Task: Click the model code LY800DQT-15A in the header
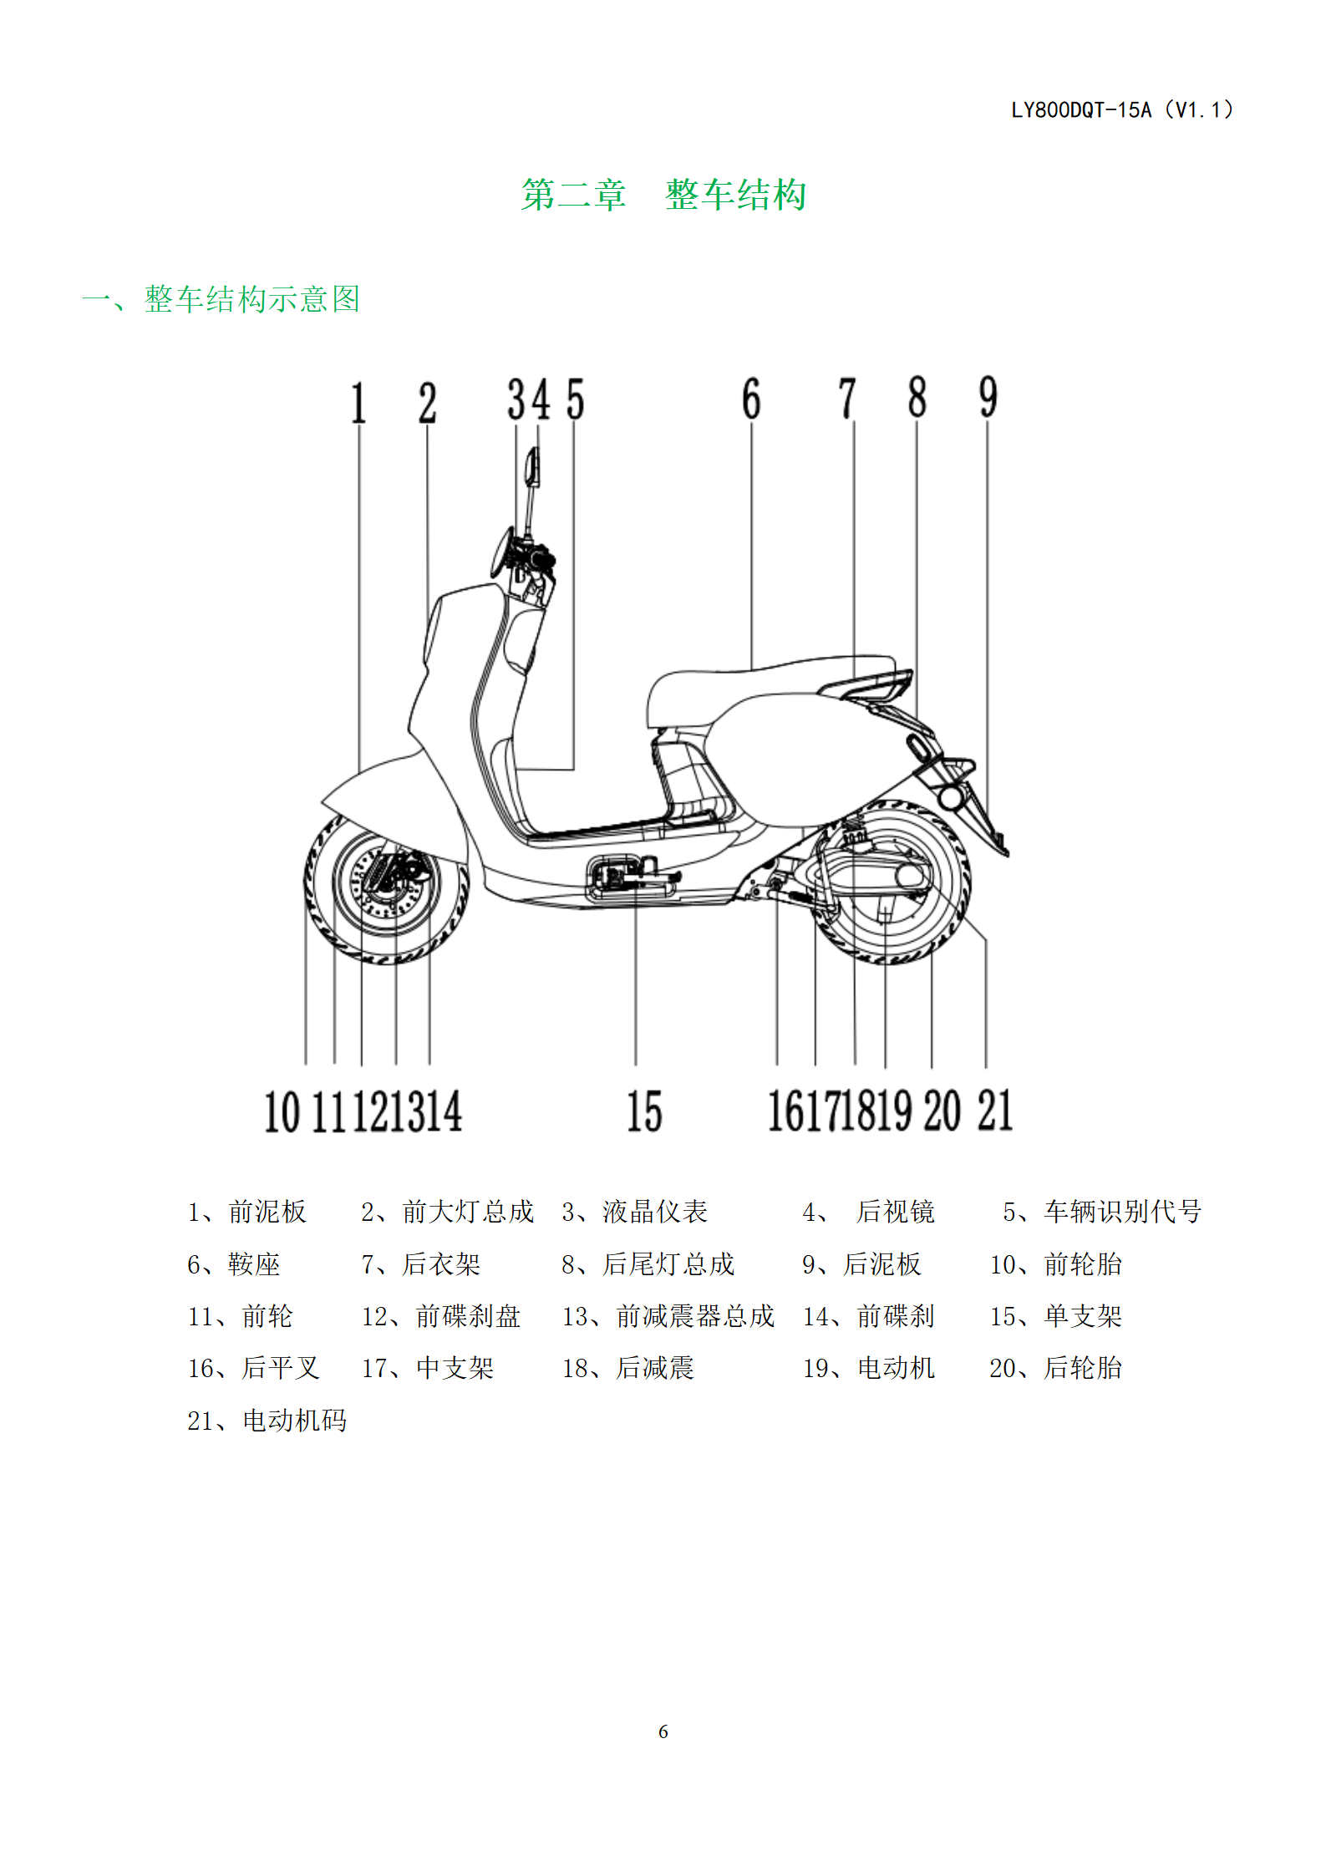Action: (1081, 110)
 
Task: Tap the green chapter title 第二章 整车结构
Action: (663, 195)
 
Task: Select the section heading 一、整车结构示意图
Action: (221, 299)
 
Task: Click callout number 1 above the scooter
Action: (358, 403)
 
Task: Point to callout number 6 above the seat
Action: (751, 399)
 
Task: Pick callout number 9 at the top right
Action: (988, 397)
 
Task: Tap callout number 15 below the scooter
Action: (644, 1111)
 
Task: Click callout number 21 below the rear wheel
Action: (995, 1111)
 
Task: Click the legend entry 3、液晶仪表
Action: (635, 1212)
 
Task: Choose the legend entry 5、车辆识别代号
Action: (1102, 1212)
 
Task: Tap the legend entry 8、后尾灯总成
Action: (648, 1264)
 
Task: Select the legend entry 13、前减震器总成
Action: (668, 1316)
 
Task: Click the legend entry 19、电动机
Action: (869, 1368)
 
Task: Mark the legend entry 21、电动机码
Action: (267, 1421)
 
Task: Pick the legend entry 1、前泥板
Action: (247, 1212)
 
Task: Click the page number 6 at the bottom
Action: (663, 1731)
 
